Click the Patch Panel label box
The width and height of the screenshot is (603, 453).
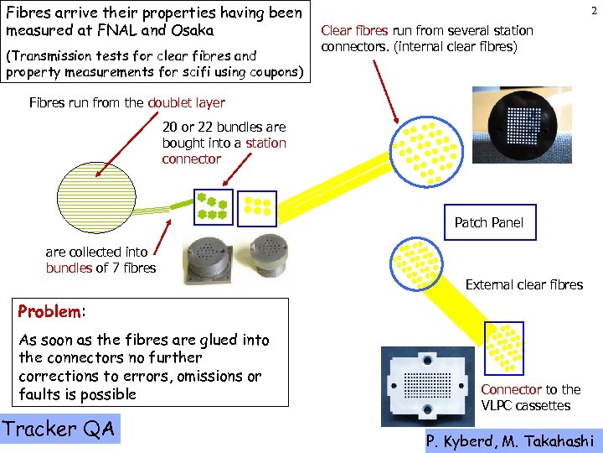point(488,222)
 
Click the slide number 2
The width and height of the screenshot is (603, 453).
point(593,9)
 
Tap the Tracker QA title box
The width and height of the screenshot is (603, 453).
point(59,429)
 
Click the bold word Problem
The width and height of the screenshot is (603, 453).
point(49,312)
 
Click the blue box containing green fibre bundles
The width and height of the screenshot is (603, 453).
point(213,207)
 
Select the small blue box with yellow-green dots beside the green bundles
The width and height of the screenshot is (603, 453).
point(256,207)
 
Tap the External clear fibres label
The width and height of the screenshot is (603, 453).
point(523,285)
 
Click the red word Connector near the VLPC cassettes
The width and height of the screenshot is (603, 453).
point(511,389)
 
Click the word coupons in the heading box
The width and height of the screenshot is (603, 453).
point(272,72)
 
